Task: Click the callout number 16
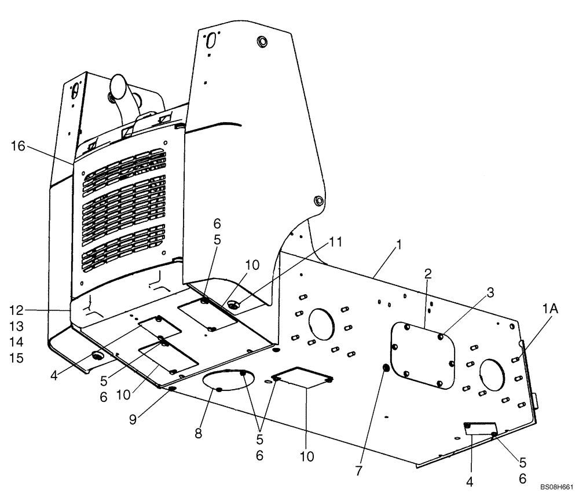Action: click(17, 147)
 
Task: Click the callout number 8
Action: click(199, 434)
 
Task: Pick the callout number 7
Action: click(358, 471)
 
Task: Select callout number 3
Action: click(489, 294)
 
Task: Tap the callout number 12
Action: click(17, 310)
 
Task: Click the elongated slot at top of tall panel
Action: click(211, 41)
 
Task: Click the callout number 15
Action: click(17, 358)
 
